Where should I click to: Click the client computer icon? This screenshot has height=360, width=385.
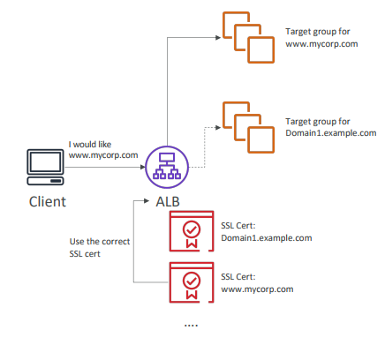[x=45, y=167]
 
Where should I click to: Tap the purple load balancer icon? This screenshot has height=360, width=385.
[x=167, y=167]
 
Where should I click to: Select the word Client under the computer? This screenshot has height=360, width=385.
[x=48, y=202]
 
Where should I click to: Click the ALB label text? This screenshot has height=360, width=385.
[x=168, y=202]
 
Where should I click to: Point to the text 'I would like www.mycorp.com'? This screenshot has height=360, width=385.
[x=103, y=150]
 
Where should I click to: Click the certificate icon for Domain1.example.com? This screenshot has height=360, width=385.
[x=192, y=231]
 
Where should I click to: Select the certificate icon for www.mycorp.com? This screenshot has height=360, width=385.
[x=192, y=282]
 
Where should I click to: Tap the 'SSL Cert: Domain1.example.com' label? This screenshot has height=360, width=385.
[x=267, y=232]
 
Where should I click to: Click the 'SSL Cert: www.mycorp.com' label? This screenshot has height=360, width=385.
[x=257, y=283]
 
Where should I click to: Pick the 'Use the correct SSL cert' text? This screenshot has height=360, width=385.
[x=100, y=247]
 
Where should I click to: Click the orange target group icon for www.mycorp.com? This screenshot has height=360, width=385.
[x=248, y=37]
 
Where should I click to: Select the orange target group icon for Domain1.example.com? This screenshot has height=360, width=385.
[x=248, y=127]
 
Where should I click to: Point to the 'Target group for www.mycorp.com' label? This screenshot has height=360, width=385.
[x=321, y=38]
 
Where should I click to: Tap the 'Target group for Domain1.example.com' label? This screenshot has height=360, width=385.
[x=331, y=127]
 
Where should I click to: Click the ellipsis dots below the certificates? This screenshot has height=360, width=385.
[x=191, y=326]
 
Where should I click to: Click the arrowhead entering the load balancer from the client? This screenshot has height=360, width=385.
[x=143, y=167]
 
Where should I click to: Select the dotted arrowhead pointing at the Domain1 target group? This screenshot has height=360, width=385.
[x=218, y=127]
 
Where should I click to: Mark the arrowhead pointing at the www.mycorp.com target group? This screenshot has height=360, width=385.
[x=218, y=37]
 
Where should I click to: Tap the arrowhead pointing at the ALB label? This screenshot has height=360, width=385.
[x=147, y=201]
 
